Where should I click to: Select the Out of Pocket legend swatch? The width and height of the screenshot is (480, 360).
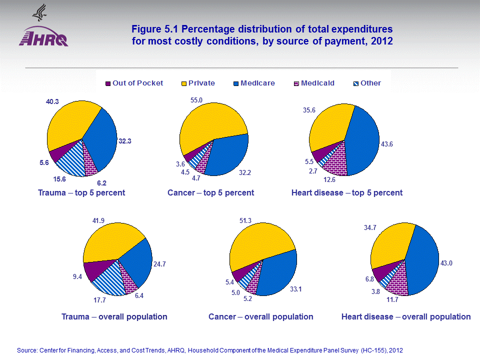coord(108,83)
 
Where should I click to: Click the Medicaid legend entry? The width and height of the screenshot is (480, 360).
coord(313,83)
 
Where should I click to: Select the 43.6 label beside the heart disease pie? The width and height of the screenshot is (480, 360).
coord(387,144)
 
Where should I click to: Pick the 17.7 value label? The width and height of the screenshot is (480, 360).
coord(99,300)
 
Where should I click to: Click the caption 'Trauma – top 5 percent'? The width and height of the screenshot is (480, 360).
coord(81,193)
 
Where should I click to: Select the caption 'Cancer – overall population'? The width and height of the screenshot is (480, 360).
coord(261,317)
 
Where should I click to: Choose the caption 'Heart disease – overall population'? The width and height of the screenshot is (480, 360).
coord(406,317)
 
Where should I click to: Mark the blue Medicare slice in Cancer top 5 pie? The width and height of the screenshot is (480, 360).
coord(227,155)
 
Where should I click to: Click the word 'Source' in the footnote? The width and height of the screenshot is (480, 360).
coord(26,350)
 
